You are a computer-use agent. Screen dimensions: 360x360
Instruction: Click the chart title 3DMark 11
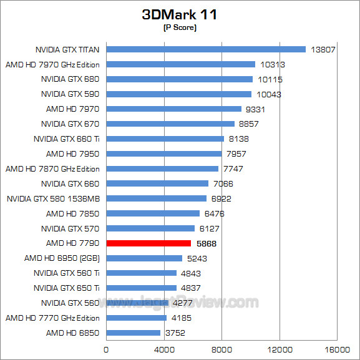(x=180, y=15)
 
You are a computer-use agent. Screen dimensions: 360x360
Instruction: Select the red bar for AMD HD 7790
(x=148, y=243)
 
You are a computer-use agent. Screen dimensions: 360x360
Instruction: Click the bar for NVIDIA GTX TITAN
(x=206, y=49)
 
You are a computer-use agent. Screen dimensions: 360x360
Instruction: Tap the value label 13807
(x=322, y=49)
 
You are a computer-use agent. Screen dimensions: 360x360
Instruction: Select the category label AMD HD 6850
(x=73, y=333)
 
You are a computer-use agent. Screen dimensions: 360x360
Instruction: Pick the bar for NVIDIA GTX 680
(x=179, y=79)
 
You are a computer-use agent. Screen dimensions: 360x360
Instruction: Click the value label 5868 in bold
(x=207, y=243)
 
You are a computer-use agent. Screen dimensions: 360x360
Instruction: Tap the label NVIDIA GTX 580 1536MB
(x=53, y=198)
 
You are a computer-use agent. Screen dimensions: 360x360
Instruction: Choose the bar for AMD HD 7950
(x=163, y=153)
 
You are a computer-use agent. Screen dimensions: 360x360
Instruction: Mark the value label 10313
(x=271, y=64)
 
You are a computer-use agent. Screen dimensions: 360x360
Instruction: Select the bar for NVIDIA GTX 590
(x=178, y=94)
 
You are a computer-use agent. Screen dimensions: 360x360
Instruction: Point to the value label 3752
(x=177, y=333)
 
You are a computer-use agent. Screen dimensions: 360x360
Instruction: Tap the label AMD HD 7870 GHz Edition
(x=52, y=168)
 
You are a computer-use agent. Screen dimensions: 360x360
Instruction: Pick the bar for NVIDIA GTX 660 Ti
(x=165, y=139)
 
